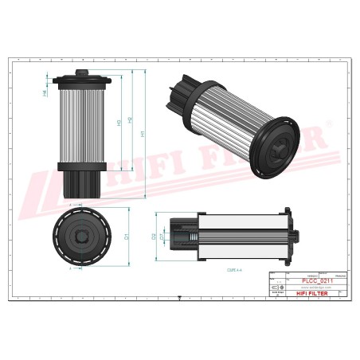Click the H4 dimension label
(x=45, y=94)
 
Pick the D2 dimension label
(x=154, y=237)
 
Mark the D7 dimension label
(x=162, y=237)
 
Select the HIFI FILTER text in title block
(x=311, y=294)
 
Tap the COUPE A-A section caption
(x=222, y=271)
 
